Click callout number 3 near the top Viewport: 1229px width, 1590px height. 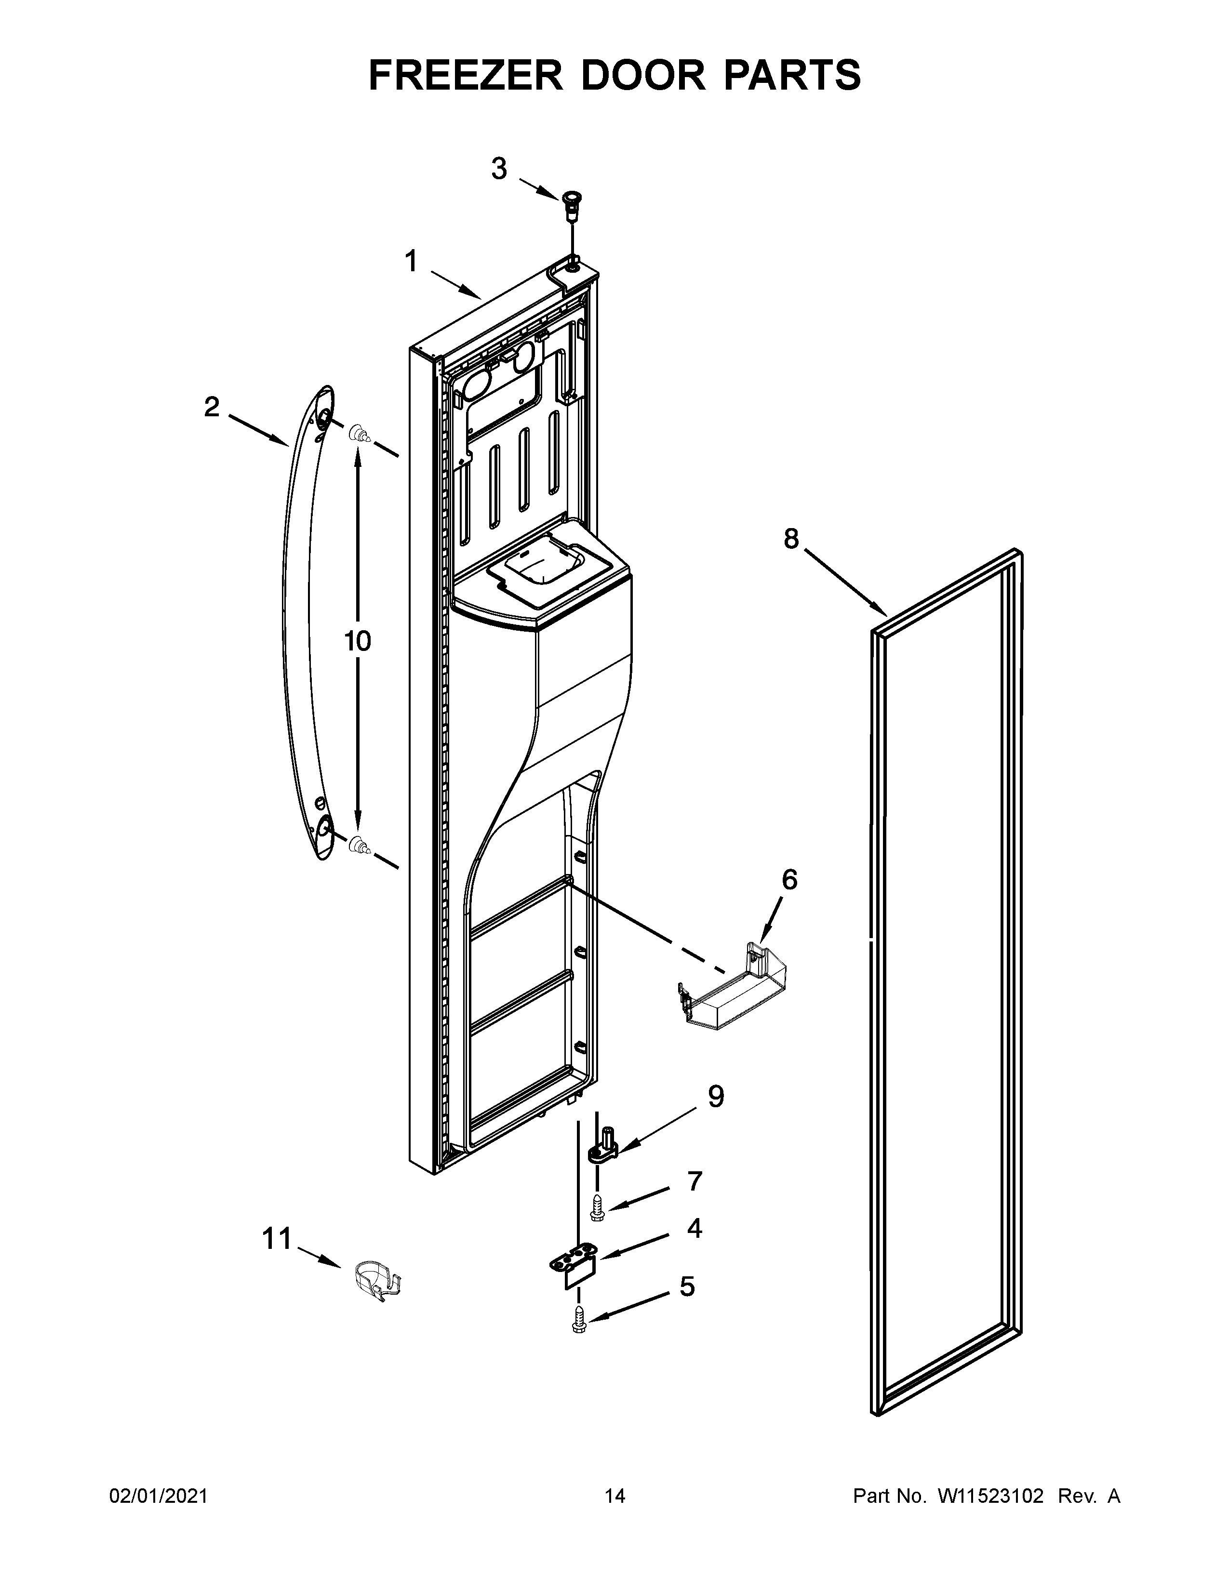coord(499,169)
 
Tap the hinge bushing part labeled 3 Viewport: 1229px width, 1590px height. coord(572,203)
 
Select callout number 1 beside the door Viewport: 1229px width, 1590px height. coord(412,261)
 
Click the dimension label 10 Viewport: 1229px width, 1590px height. coord(358,641)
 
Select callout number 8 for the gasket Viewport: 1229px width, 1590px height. coord(791,538)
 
